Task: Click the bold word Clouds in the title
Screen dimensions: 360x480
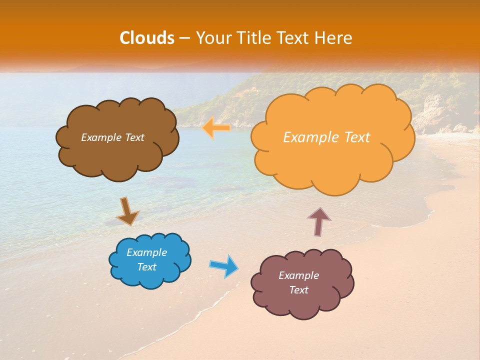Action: [x=146, y=38]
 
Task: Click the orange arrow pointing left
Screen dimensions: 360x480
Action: [x=216, y=128]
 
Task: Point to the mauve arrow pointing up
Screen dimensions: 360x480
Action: [x=319, y=221]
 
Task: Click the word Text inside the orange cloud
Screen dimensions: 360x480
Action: [x=354, y=137]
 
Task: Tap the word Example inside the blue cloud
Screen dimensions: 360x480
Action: [x=147, y=252]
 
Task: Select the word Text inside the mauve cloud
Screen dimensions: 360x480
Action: [x=298, y=290]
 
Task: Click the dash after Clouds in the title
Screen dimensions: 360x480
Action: [x=184, y=38]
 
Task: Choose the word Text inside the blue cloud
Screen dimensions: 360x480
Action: [x=147, y=267]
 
